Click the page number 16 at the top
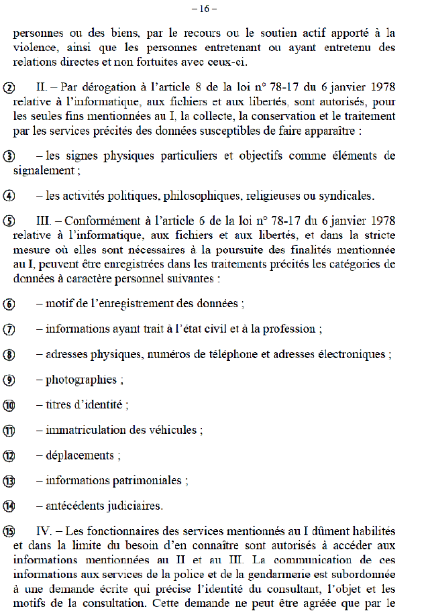pyautogui.click(x=213, y=9)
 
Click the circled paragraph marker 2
pyautogui.click(x=9, y=89)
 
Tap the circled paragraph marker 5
pyautogui.click(x=9, y=221)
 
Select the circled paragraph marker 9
pyautogui.click(x=9, y=380)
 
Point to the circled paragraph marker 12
pyautogui.click(x=9, y=456)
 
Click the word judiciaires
pyautogui.click(x=127, y=506)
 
